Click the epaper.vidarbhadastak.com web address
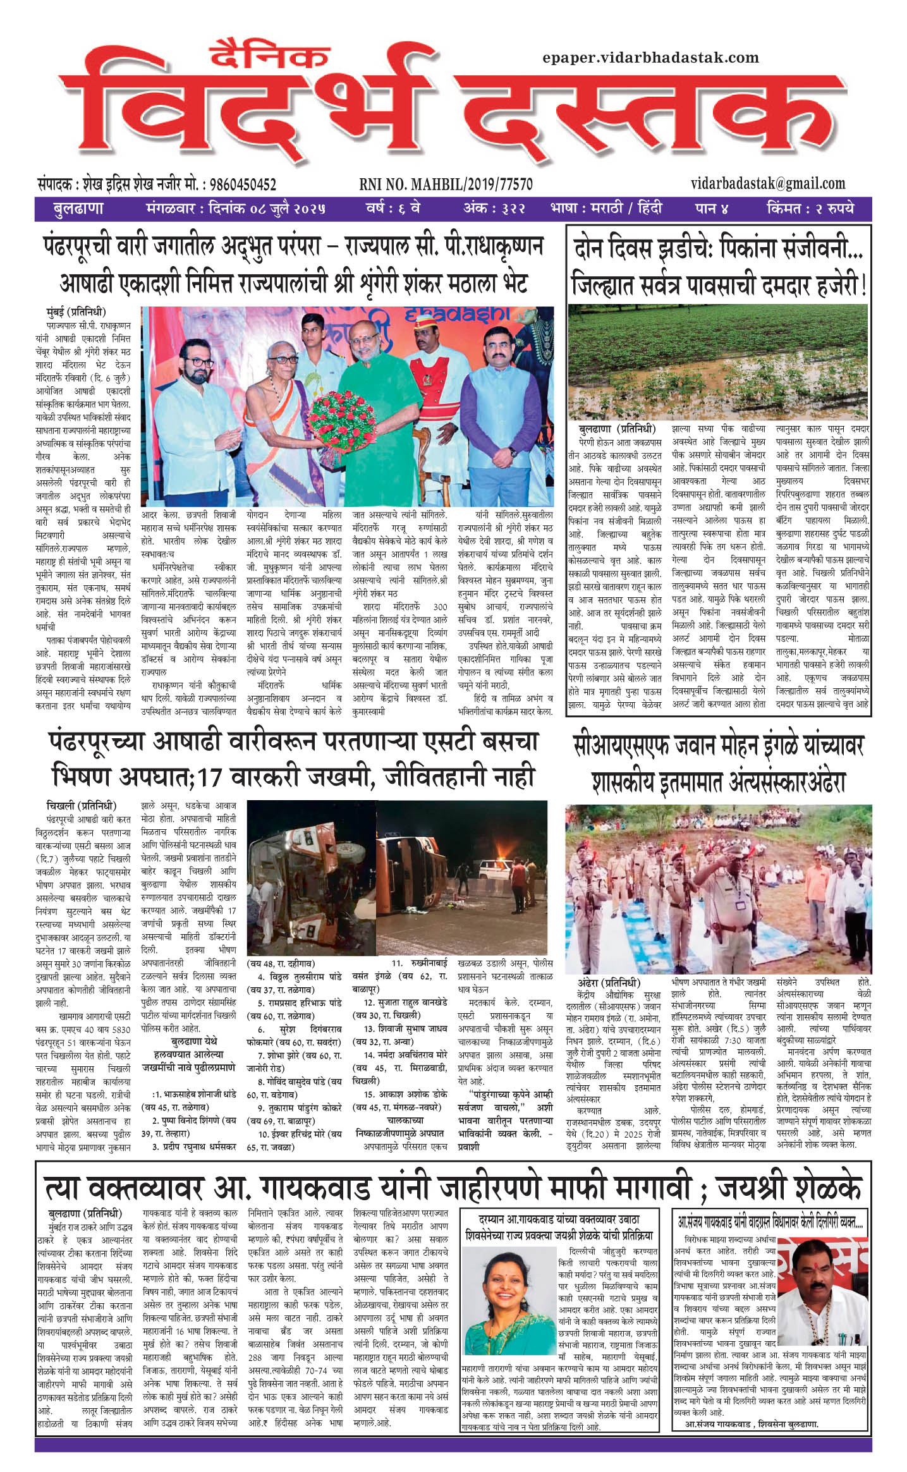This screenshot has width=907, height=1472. [x=650, y=58]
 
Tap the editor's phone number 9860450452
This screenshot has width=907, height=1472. [x=243, y=185]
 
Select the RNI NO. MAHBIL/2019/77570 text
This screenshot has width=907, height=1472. [x=446, y=185]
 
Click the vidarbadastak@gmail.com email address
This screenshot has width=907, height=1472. [x=767, y=183]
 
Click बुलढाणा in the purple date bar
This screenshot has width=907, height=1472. [x=78, y=208]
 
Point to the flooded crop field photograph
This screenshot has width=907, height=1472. [x=719, y=362]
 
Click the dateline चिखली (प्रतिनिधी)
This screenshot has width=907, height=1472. [x=82, y=805]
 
